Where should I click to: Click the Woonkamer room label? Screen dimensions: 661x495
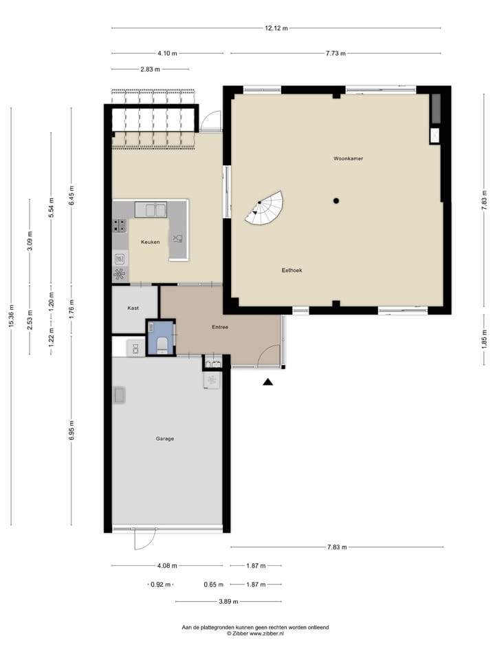tap(348, 158)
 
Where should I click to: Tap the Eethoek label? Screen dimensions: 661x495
tap(291, 271)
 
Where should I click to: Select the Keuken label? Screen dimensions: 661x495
tap(150, 242)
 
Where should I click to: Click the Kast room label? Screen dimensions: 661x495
tap(133, 308)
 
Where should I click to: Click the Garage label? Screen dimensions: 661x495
tap(164, 439)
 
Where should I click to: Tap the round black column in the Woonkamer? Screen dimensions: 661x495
tap(336, 200)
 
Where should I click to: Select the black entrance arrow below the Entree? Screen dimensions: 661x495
tap(268, 382)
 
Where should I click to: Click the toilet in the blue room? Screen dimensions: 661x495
tap(162, 343)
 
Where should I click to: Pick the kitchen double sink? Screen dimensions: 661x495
tap(151, 209)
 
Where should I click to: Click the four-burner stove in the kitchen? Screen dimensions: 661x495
tap(120, 226)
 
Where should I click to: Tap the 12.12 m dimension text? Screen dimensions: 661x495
tap(276, 28)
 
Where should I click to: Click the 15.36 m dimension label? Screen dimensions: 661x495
tap(11, 317)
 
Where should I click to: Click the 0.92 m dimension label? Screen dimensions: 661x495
tap(161, 584)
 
